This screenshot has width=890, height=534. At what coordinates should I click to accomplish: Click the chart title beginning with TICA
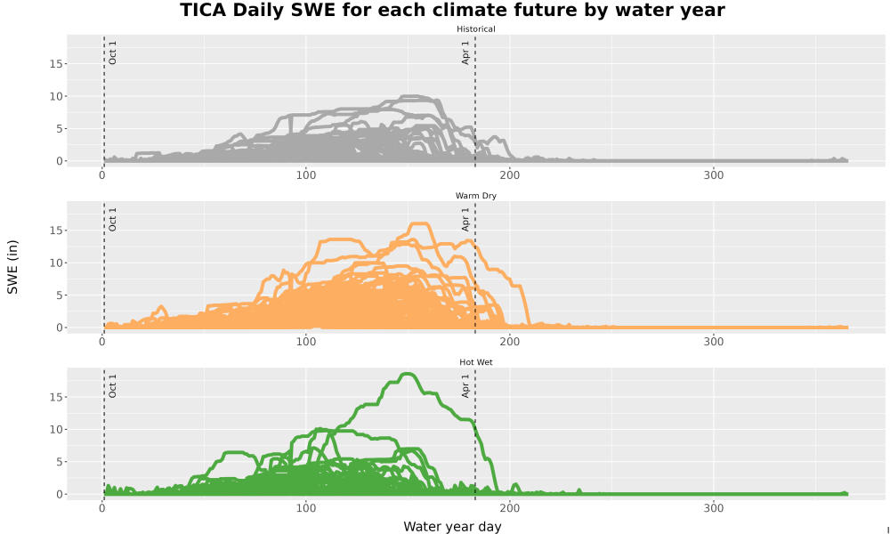pos(452,10)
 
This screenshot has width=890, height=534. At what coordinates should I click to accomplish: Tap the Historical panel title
pos(475,29)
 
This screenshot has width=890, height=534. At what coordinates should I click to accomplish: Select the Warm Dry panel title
pos(475,196)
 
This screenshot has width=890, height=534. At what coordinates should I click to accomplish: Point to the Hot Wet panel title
pos(475,362)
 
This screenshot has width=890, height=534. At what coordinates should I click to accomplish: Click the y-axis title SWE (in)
pos(12,267)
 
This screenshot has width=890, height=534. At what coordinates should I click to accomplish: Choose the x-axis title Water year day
pos(452,527)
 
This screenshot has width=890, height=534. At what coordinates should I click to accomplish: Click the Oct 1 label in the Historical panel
pos(112,53)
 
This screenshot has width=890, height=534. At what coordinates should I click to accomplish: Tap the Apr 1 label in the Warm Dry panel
pos(465,219)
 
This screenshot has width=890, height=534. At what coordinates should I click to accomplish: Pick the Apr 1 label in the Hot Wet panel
pos(465,386)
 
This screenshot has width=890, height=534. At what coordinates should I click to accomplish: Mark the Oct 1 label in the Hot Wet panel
pos(112,386)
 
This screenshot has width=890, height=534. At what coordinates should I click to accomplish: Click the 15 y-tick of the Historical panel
pos(55,63)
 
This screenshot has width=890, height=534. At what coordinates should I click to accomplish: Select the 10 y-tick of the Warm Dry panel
pos(55,263)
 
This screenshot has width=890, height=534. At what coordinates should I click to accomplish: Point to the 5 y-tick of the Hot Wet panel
pos(59,462)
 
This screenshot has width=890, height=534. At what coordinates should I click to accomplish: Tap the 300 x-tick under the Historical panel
pos(714,174)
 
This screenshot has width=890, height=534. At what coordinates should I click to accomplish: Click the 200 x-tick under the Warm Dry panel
pos(510,342)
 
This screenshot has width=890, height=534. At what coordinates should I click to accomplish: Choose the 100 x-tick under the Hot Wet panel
pos(306,508)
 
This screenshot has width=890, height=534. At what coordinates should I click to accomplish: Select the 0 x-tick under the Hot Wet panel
pos(102,508)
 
